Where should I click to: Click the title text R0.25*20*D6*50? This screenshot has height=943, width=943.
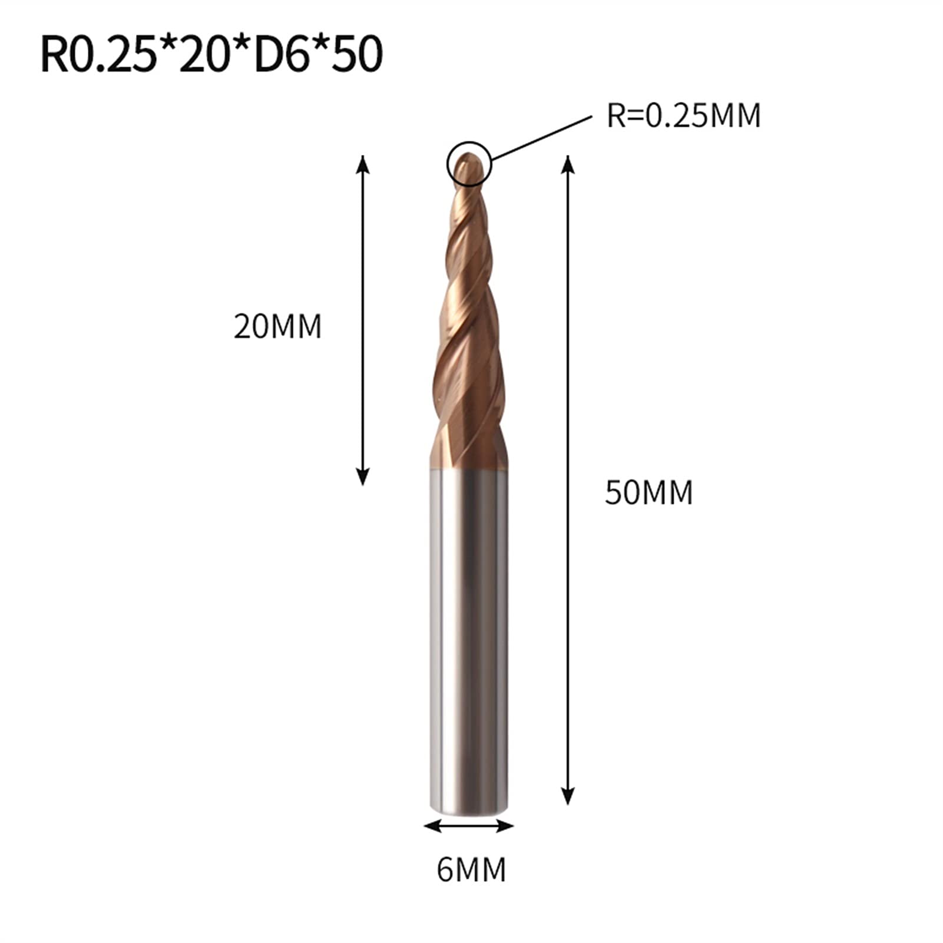[211, 55]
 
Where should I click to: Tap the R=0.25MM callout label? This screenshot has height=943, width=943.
[683, 115]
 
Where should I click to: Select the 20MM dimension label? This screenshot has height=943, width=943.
[277, 326]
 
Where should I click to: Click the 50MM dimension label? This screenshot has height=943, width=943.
[648, 492]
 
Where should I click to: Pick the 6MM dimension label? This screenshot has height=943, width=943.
[471, 869]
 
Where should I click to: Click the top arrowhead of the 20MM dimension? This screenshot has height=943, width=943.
[363, 163]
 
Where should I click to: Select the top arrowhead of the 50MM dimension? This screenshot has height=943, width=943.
[567, 163]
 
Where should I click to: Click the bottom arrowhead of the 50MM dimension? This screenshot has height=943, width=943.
[567, 798]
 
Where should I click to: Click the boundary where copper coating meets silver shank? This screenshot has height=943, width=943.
[469, 470]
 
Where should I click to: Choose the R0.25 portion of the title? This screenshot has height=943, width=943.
[94, 55]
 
